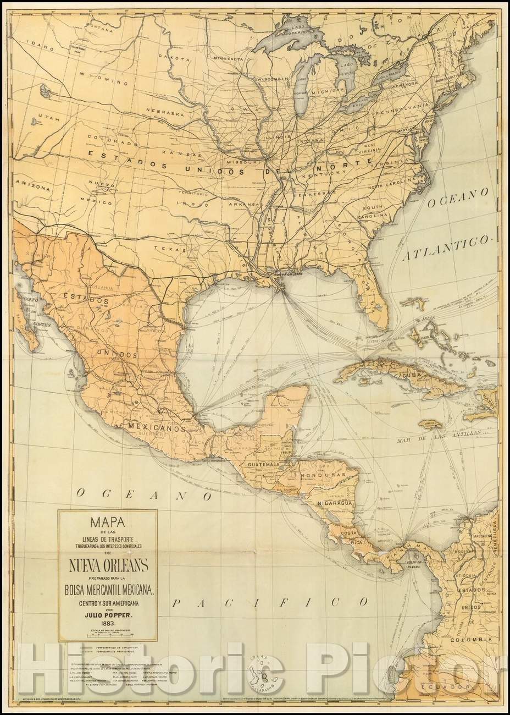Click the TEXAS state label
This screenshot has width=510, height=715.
click(167, 248)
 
